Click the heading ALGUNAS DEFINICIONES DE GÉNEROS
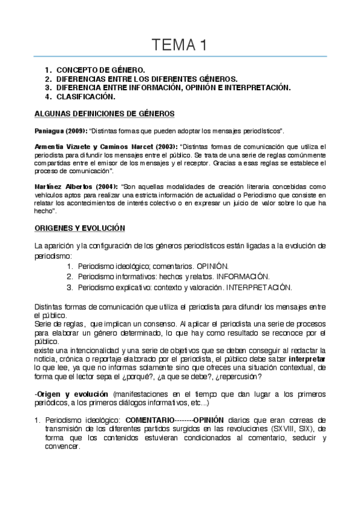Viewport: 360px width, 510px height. [103, 113]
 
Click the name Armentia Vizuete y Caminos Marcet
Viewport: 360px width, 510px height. [96, 147]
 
